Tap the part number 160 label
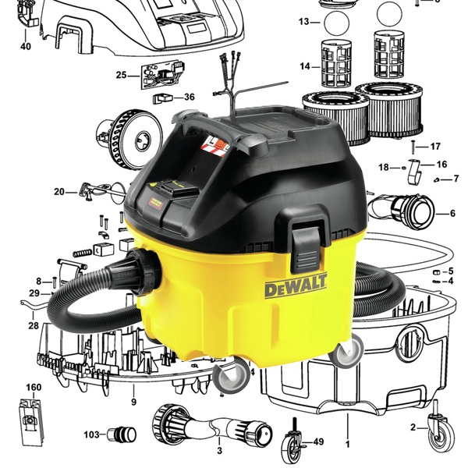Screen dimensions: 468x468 point(34,387)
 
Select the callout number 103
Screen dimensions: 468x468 point(91,434)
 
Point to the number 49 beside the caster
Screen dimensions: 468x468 point(318,441)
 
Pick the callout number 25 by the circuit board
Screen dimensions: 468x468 point(121,75)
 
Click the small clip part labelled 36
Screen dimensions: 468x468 point(163,98)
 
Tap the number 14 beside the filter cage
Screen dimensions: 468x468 point(305,66)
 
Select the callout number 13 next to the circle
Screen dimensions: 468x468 point(304,22)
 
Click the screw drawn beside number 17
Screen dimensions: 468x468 point(413,147)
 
